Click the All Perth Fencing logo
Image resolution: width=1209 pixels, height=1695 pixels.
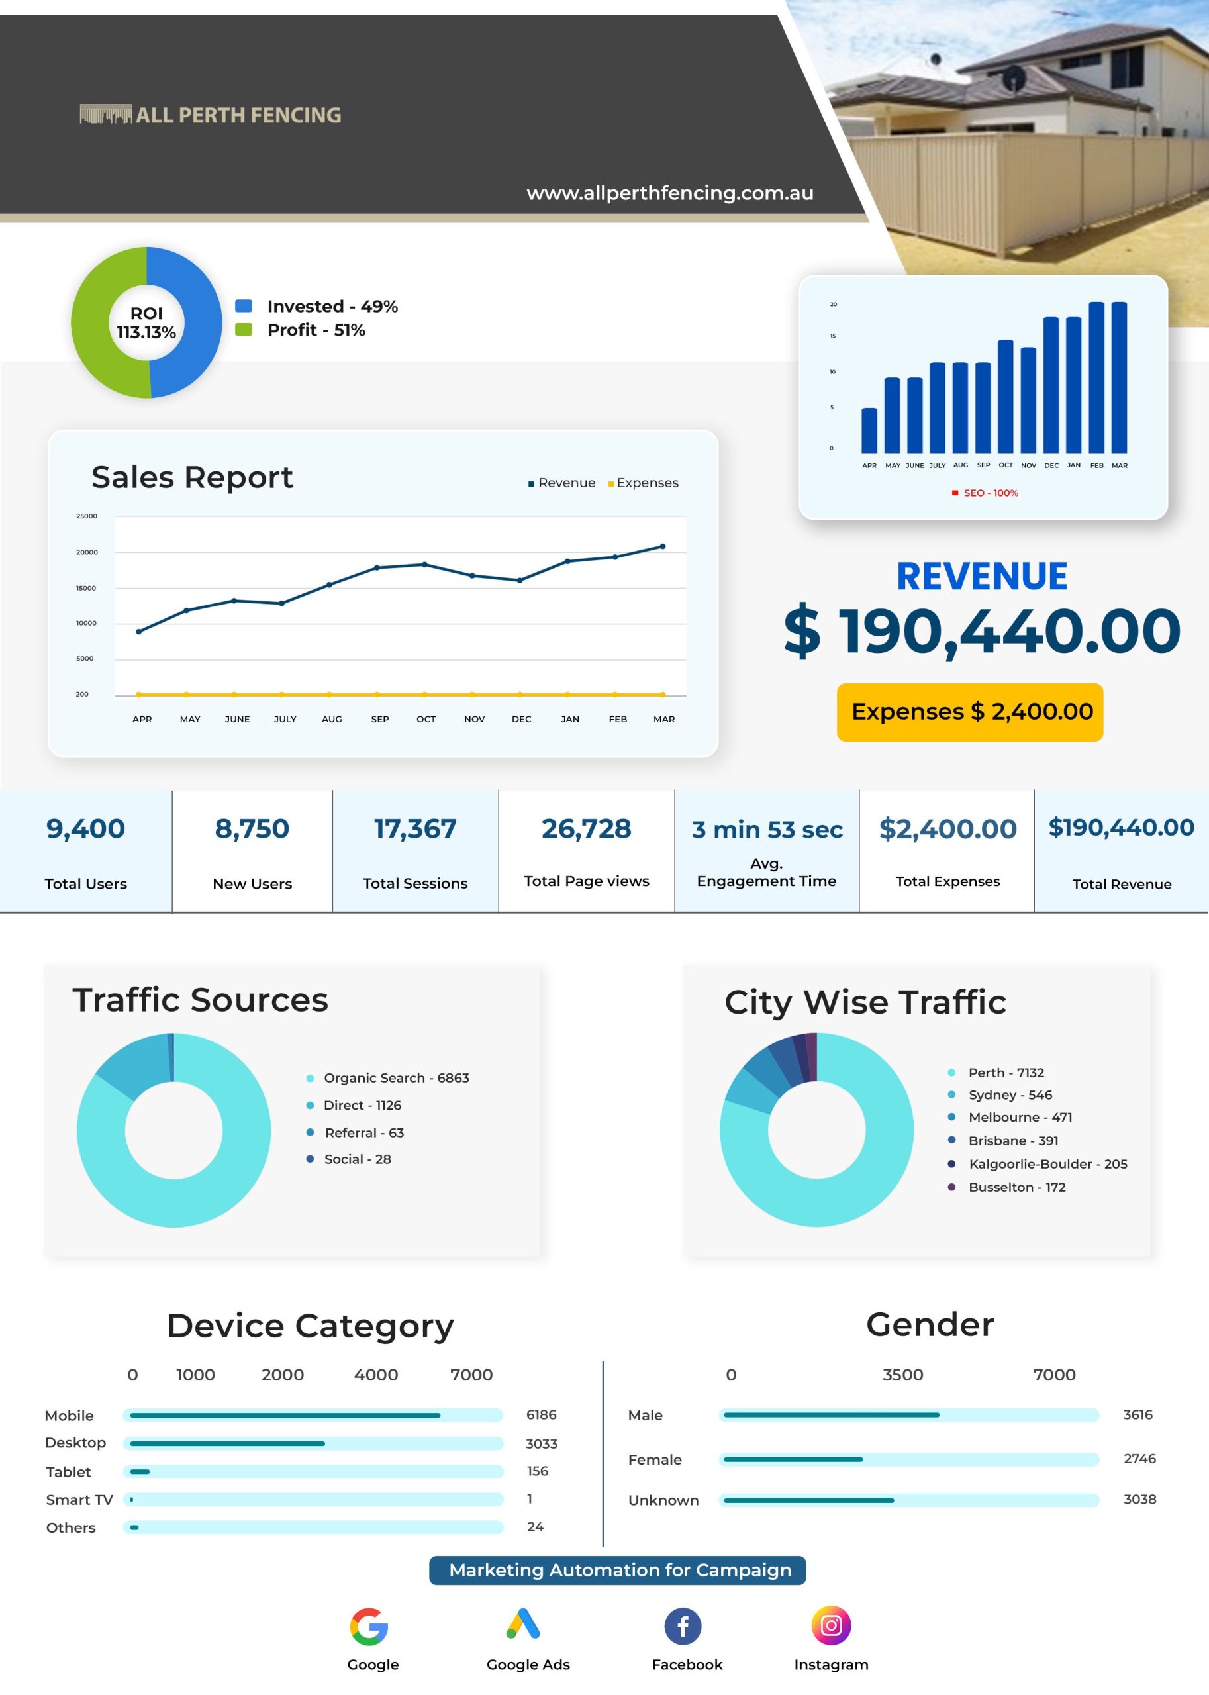[211, 115]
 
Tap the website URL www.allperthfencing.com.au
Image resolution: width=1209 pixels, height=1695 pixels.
[670, 193]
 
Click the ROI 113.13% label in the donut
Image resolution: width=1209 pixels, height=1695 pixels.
[147, 323]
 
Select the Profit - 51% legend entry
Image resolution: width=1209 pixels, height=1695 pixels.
[301, 330]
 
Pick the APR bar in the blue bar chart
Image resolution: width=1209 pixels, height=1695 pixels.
[869, 430]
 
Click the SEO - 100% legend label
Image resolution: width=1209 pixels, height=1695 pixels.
[985, 493]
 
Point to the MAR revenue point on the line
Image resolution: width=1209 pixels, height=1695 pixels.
[663, 546]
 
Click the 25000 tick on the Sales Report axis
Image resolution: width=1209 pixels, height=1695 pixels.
[86, 516]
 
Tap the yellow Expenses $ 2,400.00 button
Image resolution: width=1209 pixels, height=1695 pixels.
[970, 712]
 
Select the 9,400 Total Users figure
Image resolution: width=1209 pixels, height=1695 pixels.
[85, 828]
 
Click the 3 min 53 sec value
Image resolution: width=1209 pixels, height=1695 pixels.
[767, 829]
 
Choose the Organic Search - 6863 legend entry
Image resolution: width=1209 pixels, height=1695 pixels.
[388, 1078]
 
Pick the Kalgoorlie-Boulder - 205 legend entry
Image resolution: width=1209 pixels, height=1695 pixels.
[1039, 1163]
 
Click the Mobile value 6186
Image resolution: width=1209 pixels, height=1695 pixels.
[541, 1414]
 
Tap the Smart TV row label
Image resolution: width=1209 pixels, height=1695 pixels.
[79, 1499]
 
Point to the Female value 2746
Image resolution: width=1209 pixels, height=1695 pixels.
[1139, 1458]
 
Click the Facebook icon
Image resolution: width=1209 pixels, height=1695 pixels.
[683, 1625]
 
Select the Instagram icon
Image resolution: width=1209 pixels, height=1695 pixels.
[831, 1625]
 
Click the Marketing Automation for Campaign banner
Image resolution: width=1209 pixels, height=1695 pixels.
[617, 1570]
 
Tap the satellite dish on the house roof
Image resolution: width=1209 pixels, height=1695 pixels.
[1013, 77]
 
